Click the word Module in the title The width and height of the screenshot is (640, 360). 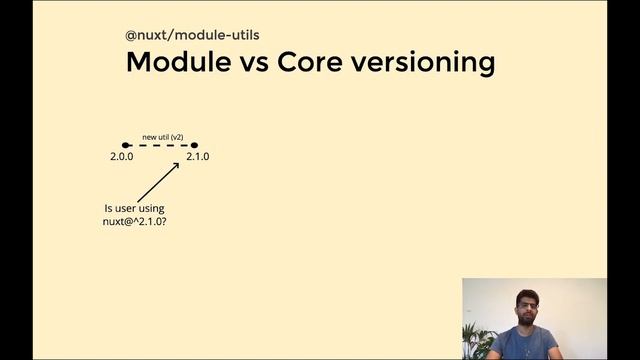click(x=179, y=62)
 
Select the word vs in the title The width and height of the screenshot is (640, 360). click(x=254, y=62)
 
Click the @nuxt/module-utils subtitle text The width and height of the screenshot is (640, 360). click(x=192, y=35)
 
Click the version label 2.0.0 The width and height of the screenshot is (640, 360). click(x=122, y=157)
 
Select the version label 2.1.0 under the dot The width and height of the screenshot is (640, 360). click(x=197, y=157)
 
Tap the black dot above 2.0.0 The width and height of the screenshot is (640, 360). click(x=125, y=145)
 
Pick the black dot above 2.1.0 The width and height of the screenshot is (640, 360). click(x=194, y=145)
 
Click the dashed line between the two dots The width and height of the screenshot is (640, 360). click(x=160, y=145)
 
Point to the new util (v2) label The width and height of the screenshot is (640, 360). click(x=162, y=136)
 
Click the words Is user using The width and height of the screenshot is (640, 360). click(x=128, y=208)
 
